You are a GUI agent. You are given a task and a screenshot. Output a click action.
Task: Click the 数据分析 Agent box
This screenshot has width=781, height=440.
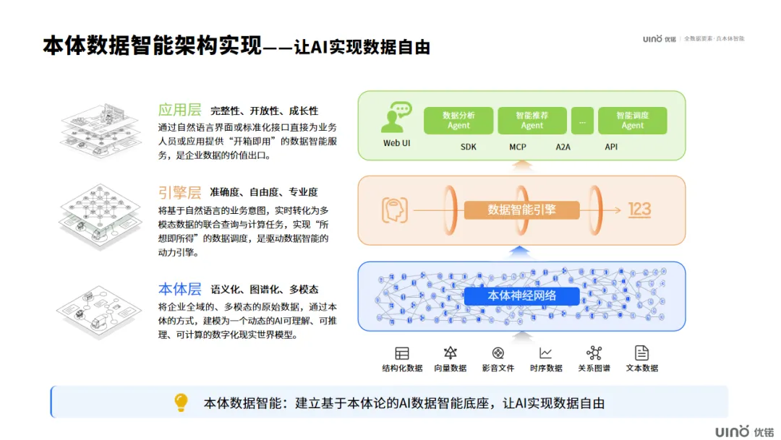(458, 121)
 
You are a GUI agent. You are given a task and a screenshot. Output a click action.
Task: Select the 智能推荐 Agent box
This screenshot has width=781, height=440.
(532, 121)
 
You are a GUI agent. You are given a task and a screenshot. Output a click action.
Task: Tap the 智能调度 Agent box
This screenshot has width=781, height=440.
(632, 121)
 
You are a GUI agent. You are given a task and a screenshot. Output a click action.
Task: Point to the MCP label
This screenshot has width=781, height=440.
(517, 147)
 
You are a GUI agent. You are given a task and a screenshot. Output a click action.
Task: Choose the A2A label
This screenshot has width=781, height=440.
(563, 147)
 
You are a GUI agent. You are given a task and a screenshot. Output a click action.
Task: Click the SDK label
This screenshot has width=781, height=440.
(469, 147)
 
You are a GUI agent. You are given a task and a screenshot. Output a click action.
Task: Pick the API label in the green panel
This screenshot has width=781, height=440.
(611, 147)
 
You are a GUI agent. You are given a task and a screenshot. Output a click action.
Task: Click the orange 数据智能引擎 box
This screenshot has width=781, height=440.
(522, 210)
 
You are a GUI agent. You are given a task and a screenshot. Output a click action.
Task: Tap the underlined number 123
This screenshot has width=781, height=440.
(639, 210)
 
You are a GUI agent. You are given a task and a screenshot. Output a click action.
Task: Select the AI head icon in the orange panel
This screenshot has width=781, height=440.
(395, 210)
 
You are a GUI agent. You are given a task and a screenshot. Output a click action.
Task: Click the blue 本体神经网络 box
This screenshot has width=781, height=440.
(521, 296)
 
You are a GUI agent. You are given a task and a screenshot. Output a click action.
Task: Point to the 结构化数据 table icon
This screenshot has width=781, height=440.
(402, 353)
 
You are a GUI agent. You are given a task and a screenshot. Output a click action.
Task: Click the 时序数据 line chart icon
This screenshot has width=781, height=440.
(545, 353)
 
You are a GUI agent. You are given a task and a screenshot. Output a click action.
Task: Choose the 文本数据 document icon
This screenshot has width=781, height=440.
(641, 353)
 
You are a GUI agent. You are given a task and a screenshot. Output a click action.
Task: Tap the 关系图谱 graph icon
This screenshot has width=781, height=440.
(594, 353)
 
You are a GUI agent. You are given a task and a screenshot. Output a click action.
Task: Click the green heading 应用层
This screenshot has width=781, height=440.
(179, 111)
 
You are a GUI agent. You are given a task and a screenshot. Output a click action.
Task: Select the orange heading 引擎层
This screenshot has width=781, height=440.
(179, 192)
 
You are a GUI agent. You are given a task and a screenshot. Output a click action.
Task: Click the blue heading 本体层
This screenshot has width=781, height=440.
(179, 289)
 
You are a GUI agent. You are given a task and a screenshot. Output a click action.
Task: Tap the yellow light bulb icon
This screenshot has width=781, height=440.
(181, 402)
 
